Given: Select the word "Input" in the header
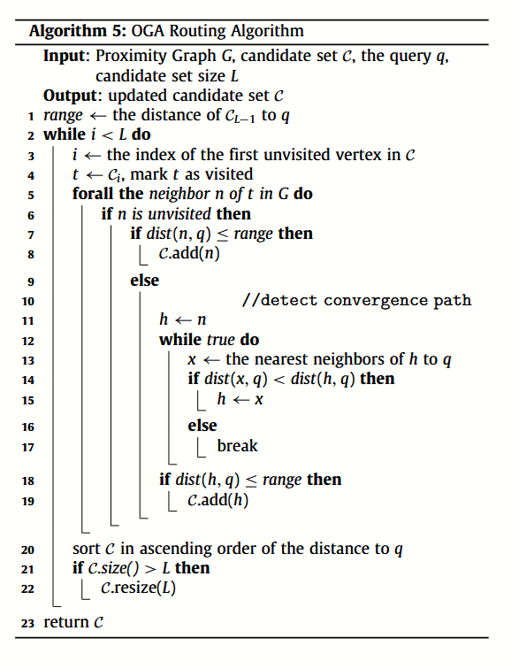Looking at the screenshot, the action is (x=65, y=56).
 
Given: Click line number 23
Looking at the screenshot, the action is (x=28, y=623).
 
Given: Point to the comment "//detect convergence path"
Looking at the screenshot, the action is (x=356, y=300).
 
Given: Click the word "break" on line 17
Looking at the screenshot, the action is (x=238, y=446).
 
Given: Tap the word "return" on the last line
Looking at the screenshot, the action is (x=66, y=623).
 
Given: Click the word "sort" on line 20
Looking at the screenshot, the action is (x=88, y=549).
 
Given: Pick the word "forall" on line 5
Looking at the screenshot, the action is (x=94, y=194).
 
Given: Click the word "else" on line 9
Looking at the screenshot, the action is (x=145, y=280).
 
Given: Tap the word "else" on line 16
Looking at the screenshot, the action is (x=202, y=426).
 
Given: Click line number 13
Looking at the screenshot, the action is (x=28, y=359).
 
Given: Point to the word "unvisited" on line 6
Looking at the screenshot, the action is (x=179, y=214).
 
